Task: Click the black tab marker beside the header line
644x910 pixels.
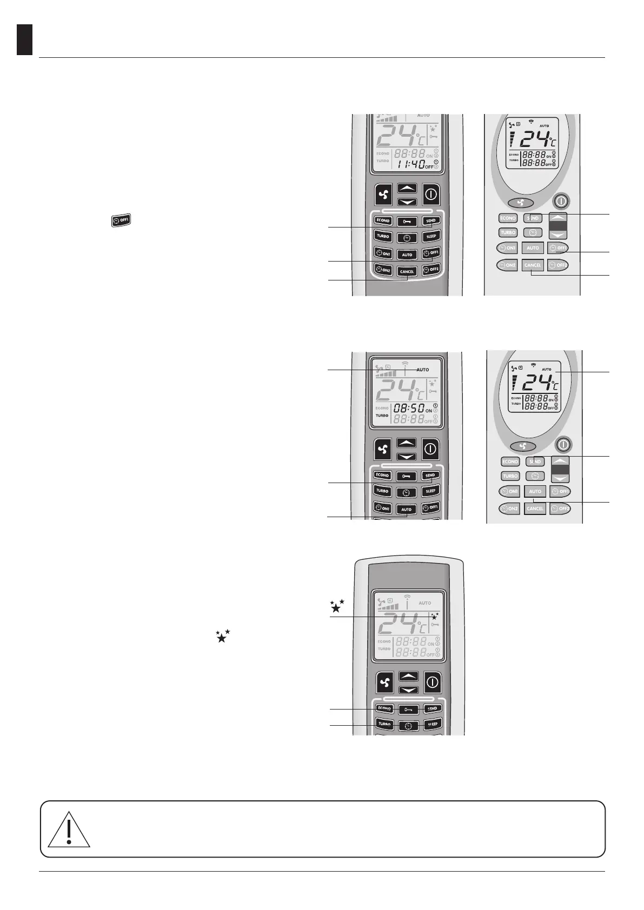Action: point(24,39)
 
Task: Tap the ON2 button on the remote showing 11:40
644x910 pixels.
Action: point(383,270)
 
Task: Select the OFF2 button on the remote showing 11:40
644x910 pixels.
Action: point(431,269)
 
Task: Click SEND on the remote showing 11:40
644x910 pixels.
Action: point(430,220)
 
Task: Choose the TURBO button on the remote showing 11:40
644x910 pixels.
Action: point(383,236)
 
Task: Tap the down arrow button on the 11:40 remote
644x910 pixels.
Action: point(407,202)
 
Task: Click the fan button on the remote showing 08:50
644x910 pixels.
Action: point(383,449)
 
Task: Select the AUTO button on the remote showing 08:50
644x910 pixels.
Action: point(407,509)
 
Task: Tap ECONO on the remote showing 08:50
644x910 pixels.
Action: point(382,476)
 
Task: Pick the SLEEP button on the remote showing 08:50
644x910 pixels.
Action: point(430,491)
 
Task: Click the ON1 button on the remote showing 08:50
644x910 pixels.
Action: point(383,508)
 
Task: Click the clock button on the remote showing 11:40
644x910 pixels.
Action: point(407,238)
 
